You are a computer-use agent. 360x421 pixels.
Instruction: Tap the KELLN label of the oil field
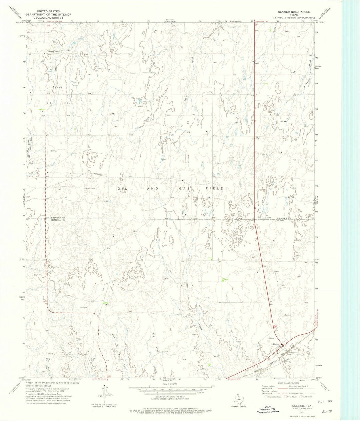coord(57,87)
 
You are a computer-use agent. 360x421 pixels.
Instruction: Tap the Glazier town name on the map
coord(275,344)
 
